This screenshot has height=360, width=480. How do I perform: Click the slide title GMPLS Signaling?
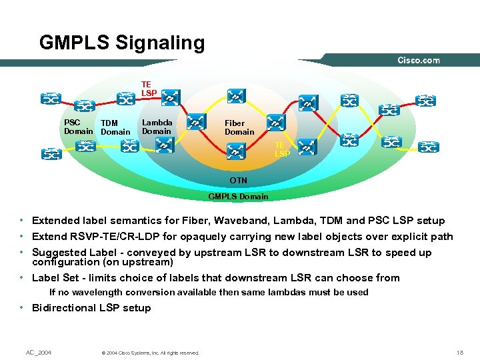122,43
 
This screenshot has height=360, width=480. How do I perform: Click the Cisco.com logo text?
419,61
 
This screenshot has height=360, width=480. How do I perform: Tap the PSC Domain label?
78,127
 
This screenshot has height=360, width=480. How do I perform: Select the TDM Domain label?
115,127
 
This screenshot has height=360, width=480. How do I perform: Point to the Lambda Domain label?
157,127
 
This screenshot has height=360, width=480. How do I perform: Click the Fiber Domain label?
239,127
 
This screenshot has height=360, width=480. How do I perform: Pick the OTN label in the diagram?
238,181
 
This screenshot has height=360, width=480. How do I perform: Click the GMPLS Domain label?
238,197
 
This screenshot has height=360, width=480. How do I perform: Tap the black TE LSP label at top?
149,89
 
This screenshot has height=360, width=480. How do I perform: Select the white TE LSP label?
282,149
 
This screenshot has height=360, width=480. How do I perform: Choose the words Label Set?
56,278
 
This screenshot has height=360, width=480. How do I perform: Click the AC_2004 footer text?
39,352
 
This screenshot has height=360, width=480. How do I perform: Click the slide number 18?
459,352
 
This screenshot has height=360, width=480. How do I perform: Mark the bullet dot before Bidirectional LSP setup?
23,308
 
